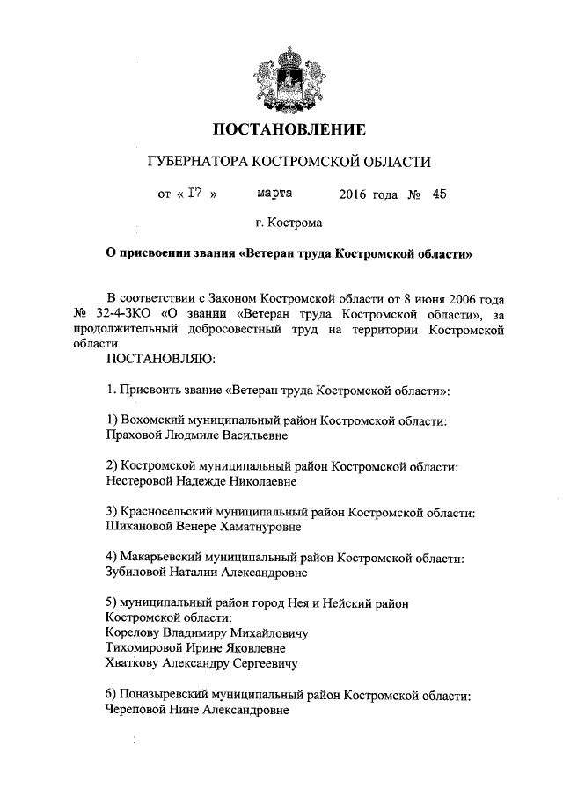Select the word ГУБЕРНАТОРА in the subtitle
194,163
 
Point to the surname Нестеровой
140,481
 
